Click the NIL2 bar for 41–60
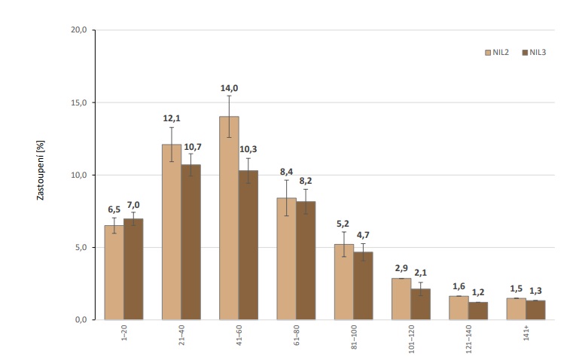(229, 218)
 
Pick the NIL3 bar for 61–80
(306, 261)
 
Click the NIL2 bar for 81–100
(343, 282)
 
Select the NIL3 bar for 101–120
(420, 304)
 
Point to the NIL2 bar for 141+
(516, 309)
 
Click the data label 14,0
(229, 88)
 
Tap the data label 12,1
(171, 119)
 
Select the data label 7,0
(134, 203)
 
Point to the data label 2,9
(401, 269)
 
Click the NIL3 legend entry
(532, 53)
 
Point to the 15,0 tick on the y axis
(78, 102)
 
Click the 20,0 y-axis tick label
(78, 30)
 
